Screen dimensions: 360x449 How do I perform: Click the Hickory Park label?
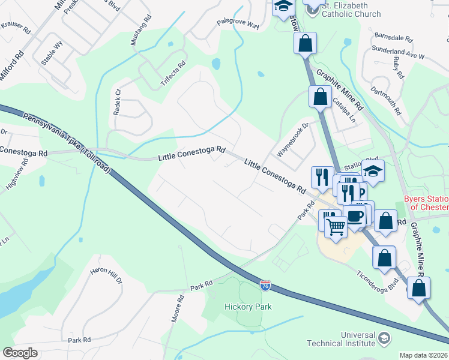pyautogui.click(x=249, y=307)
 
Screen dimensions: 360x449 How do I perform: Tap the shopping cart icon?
pyautogui.click(x=336, y=226)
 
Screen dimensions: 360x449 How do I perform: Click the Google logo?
pyautogui.click(x=20, y=352)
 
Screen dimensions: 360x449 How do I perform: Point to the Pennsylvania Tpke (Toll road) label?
pyautogui.click(x=67, y=143)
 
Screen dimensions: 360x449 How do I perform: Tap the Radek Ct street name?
pyautogui.click(x=117, y=102)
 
